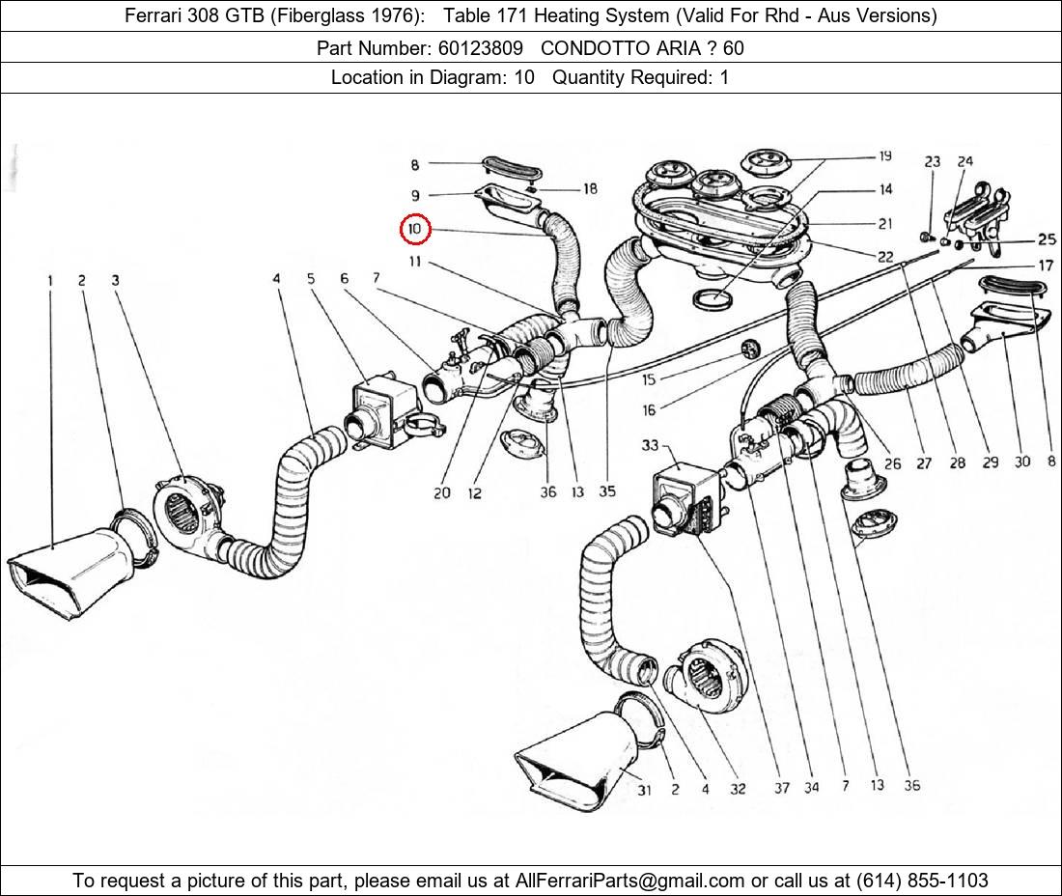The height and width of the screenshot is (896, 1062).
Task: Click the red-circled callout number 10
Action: pos(414,229)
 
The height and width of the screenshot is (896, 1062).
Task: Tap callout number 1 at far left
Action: pos(49,281)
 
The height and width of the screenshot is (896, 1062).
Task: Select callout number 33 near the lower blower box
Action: pos(649,445)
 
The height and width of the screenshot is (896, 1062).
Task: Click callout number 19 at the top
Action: pos(884,156)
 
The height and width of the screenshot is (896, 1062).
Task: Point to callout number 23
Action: pos(932,162)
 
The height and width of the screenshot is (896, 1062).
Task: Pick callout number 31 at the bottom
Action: pos(644,790)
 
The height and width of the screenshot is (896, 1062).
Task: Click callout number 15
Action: pos(649,380)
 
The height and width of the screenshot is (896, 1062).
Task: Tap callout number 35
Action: pos(606,491)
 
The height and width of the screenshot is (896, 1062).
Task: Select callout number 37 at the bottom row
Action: pos(781,787)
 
